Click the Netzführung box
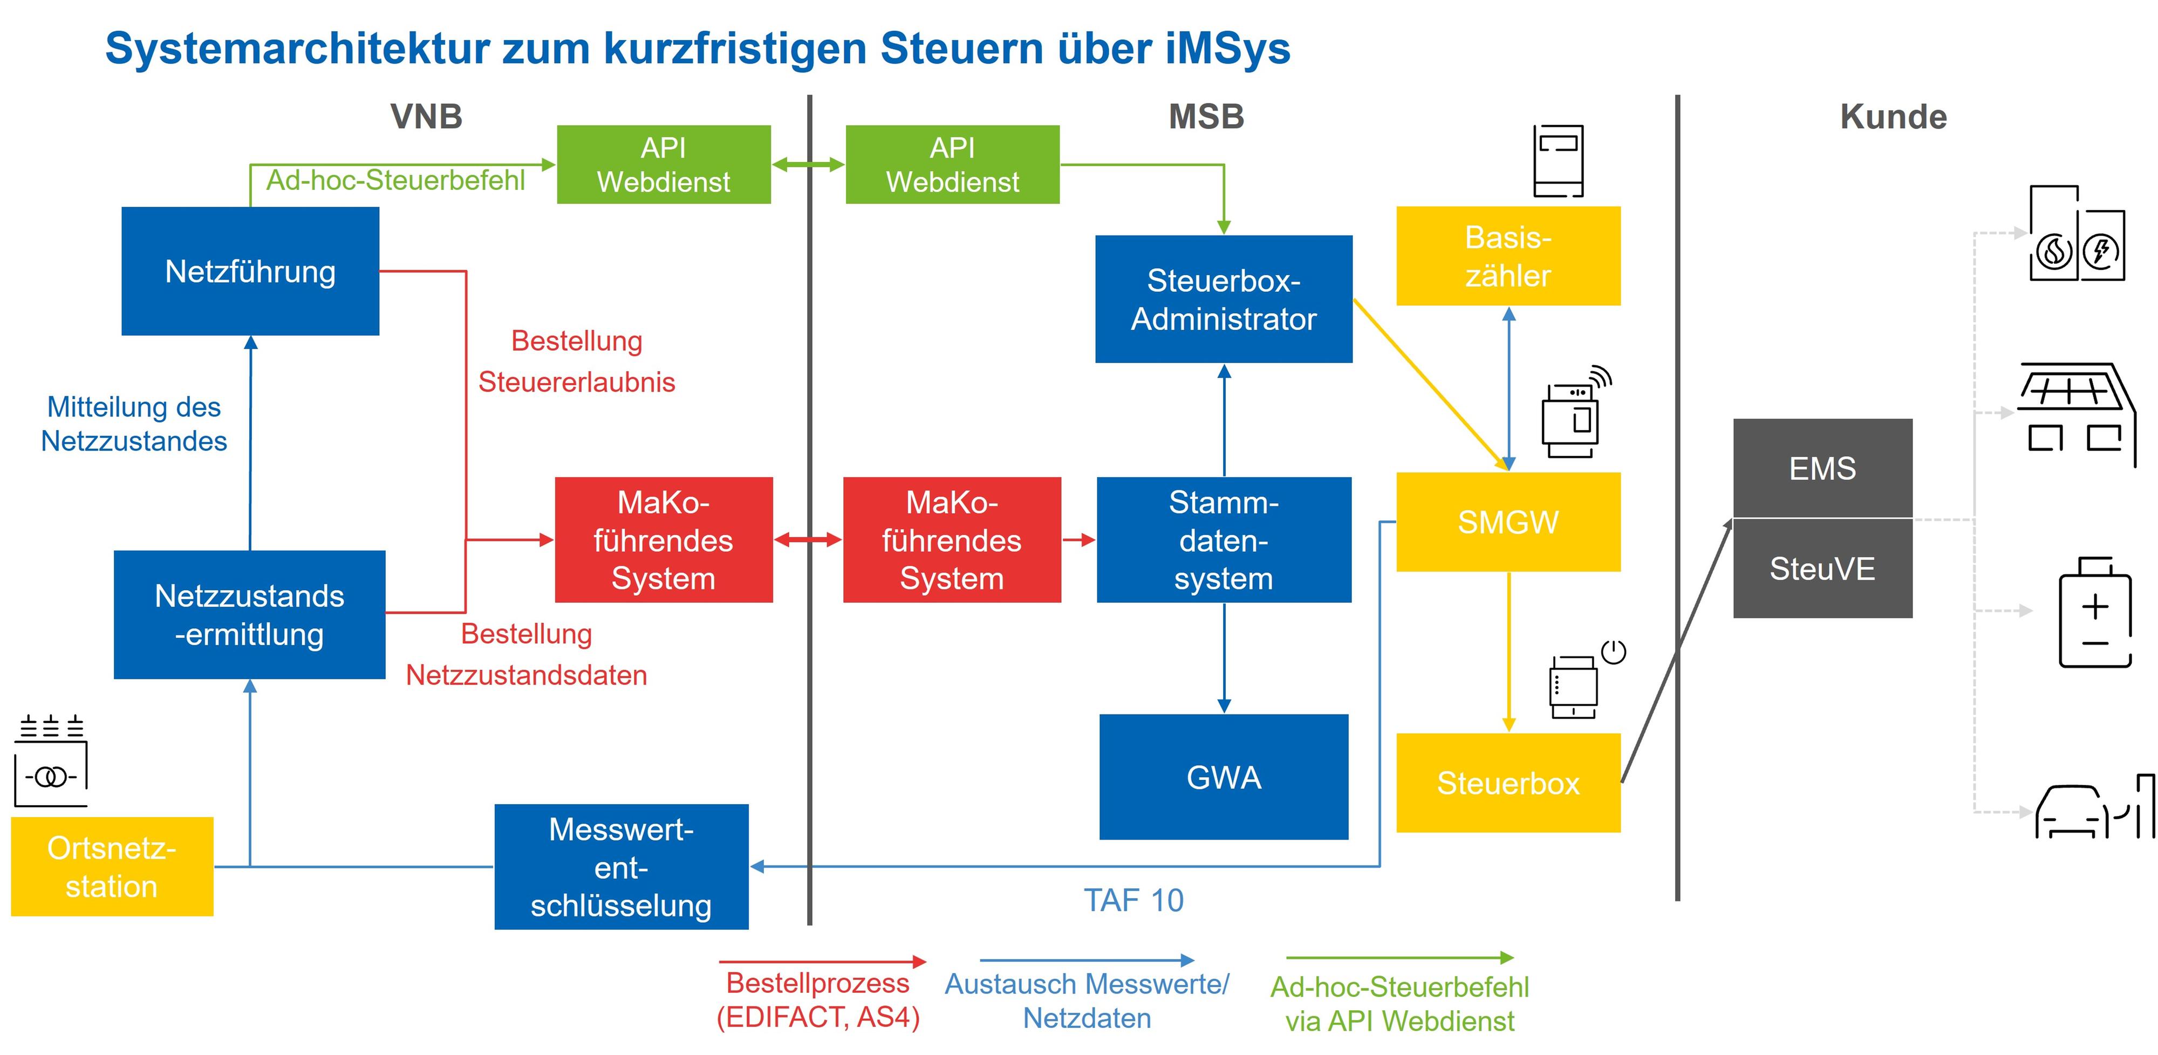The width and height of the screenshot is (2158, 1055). pyautogui.click(x=250, y=271)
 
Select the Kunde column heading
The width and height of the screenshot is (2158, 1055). pyautogui.click(x=1893, y=117)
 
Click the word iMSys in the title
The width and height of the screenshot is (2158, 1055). pyautogui.click(x=1227, y=48)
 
